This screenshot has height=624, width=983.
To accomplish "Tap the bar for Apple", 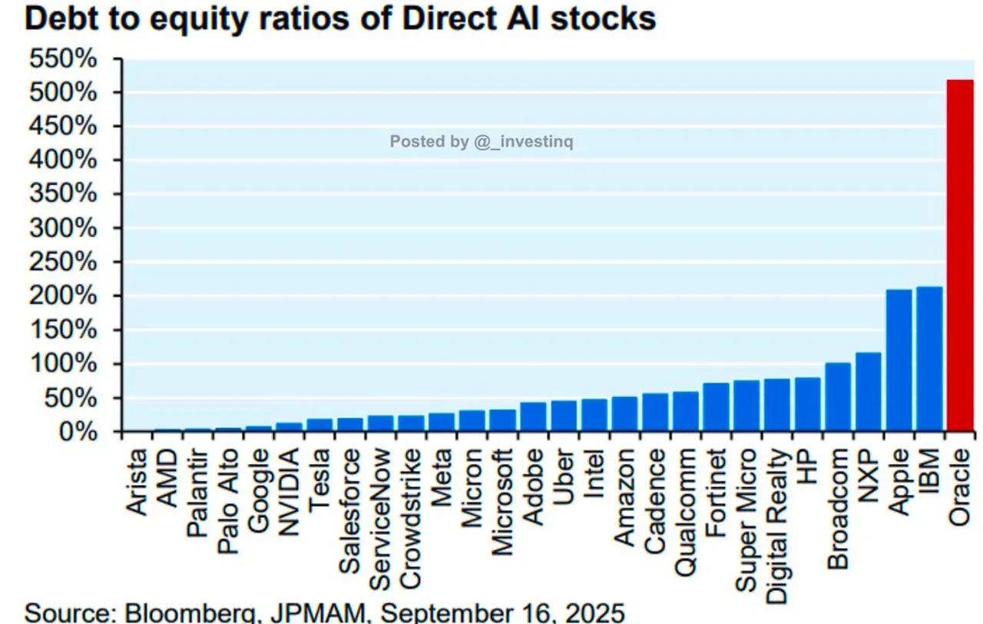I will (x=899, y=360).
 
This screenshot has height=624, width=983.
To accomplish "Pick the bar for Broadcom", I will (x=838, y=397).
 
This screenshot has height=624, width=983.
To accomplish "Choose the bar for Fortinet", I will (x=716, y=407).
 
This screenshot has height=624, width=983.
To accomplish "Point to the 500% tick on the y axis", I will (x=64, y=93).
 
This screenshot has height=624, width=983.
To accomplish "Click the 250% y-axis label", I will (x=64, y=263).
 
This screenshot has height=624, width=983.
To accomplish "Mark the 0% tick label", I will (x=77, y=433).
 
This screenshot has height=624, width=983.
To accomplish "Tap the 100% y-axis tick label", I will (x=64, y=364).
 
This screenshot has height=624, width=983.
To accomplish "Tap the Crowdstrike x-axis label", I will (x=411, y=509).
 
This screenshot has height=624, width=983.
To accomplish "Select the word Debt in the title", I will (x=62, y=18).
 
